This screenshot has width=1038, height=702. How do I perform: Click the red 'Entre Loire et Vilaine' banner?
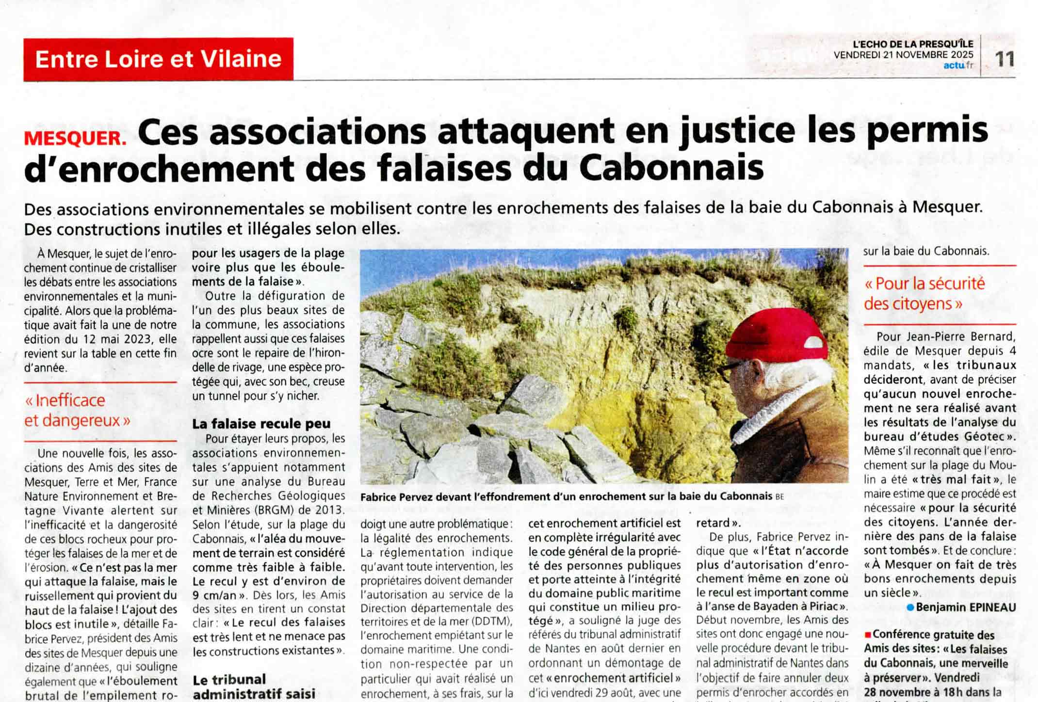[x=158, y=59]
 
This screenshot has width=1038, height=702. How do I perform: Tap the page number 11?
[x=1004, y=59]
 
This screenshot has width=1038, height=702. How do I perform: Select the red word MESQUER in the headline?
[x=75, y=139]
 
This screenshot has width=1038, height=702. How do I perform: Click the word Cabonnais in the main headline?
[x=671, y=168]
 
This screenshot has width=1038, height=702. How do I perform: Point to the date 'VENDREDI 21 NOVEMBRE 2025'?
[x=903, y=55]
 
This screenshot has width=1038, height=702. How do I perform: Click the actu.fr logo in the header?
[x=958, y=65]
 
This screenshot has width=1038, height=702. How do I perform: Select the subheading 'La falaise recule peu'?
[x=261, y=424]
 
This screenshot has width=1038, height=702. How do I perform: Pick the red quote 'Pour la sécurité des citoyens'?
[x=924, y=294]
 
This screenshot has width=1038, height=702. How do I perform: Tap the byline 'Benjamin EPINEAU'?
[x=966, y=607]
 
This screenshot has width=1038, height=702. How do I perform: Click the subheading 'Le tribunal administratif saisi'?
[x=254, y=686]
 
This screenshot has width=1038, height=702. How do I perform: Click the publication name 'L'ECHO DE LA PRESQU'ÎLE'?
[x=913, y=44]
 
